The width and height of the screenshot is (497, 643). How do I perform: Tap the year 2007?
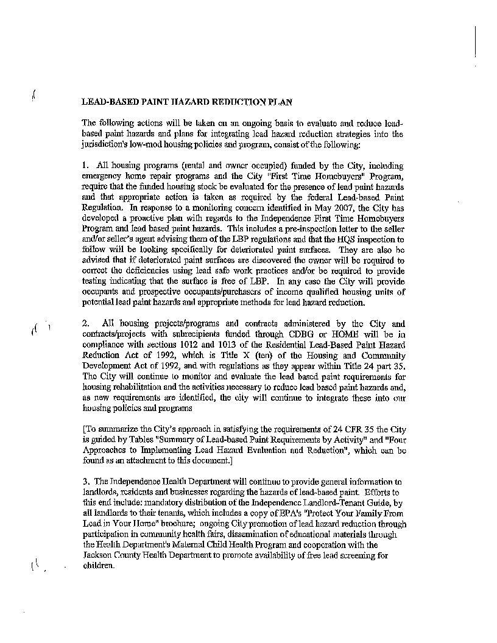pyautogui.click(x=344, y=208)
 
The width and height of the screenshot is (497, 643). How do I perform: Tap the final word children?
pyautogui.click(x=98, y=566)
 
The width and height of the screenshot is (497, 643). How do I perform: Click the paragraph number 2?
pyautogui.click(x=85, y=323)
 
